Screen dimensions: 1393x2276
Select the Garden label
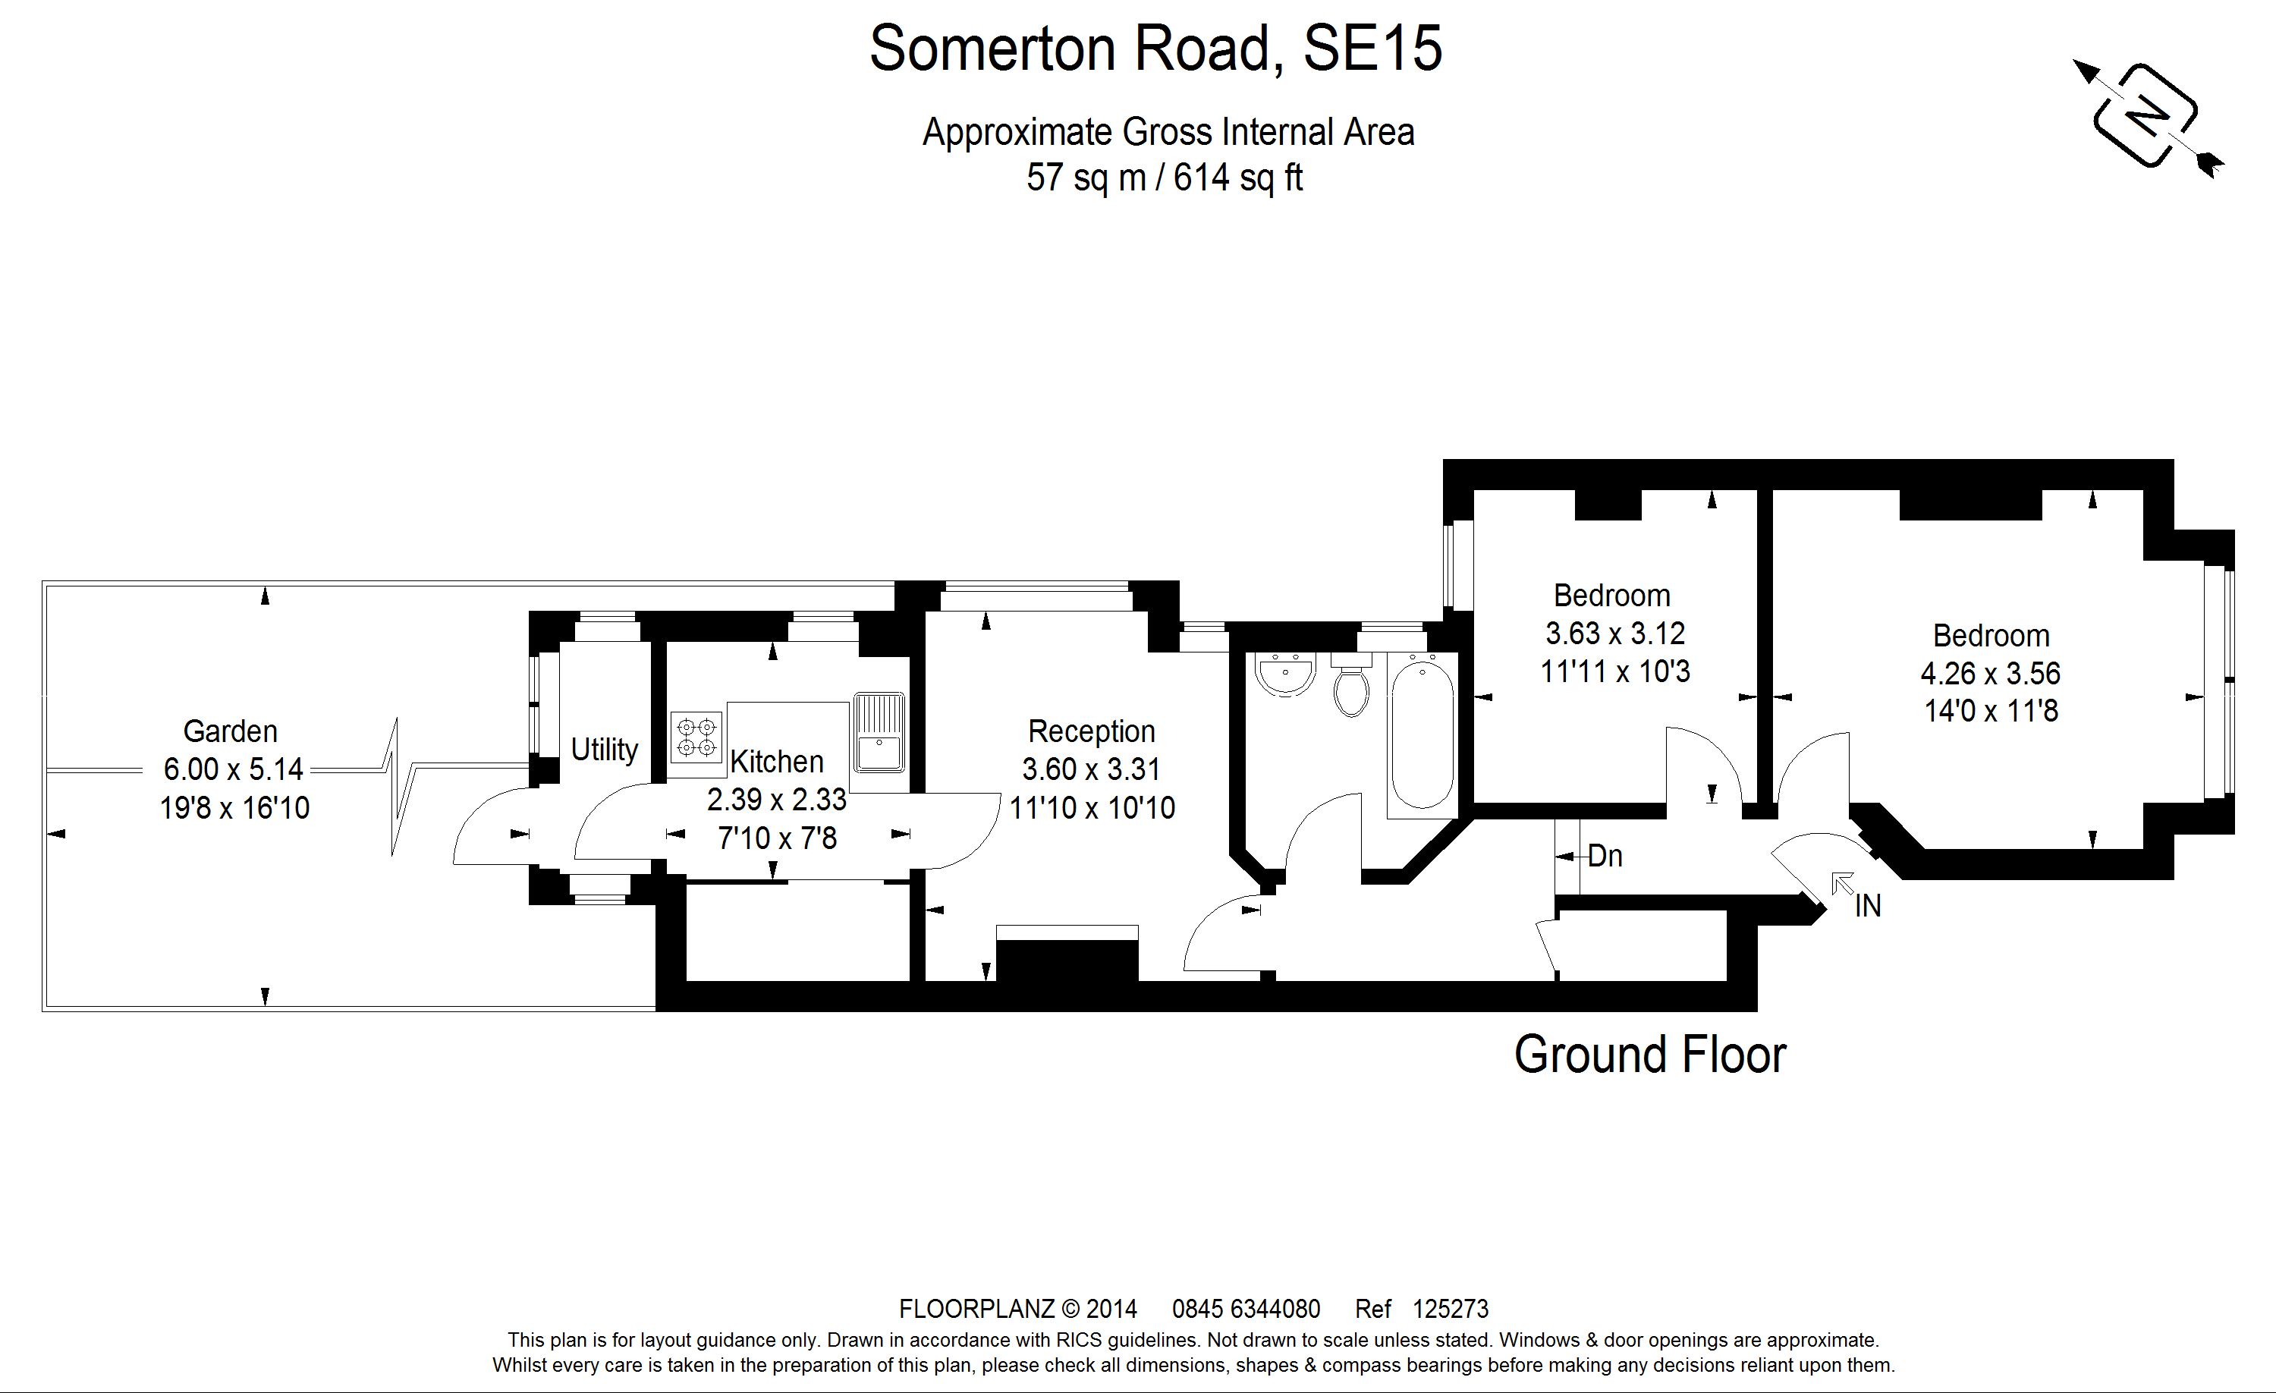230,731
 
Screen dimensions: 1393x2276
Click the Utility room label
604,749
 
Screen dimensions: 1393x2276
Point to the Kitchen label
776,762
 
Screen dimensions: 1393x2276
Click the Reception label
1091,731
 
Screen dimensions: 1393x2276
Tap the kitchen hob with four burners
696,736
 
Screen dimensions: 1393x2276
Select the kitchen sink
879,732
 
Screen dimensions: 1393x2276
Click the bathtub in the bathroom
1422,734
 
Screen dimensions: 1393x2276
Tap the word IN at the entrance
1867,906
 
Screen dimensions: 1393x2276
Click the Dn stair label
1605,857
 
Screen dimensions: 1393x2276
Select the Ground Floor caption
1650,1055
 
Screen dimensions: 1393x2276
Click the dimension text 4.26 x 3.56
1990,674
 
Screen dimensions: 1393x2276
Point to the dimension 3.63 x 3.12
1614,634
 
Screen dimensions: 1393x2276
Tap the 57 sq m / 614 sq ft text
1164,178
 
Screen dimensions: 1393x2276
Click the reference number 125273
1451,1309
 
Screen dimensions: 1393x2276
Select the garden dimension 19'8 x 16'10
234,808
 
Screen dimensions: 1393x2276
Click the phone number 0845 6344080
1246,1309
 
